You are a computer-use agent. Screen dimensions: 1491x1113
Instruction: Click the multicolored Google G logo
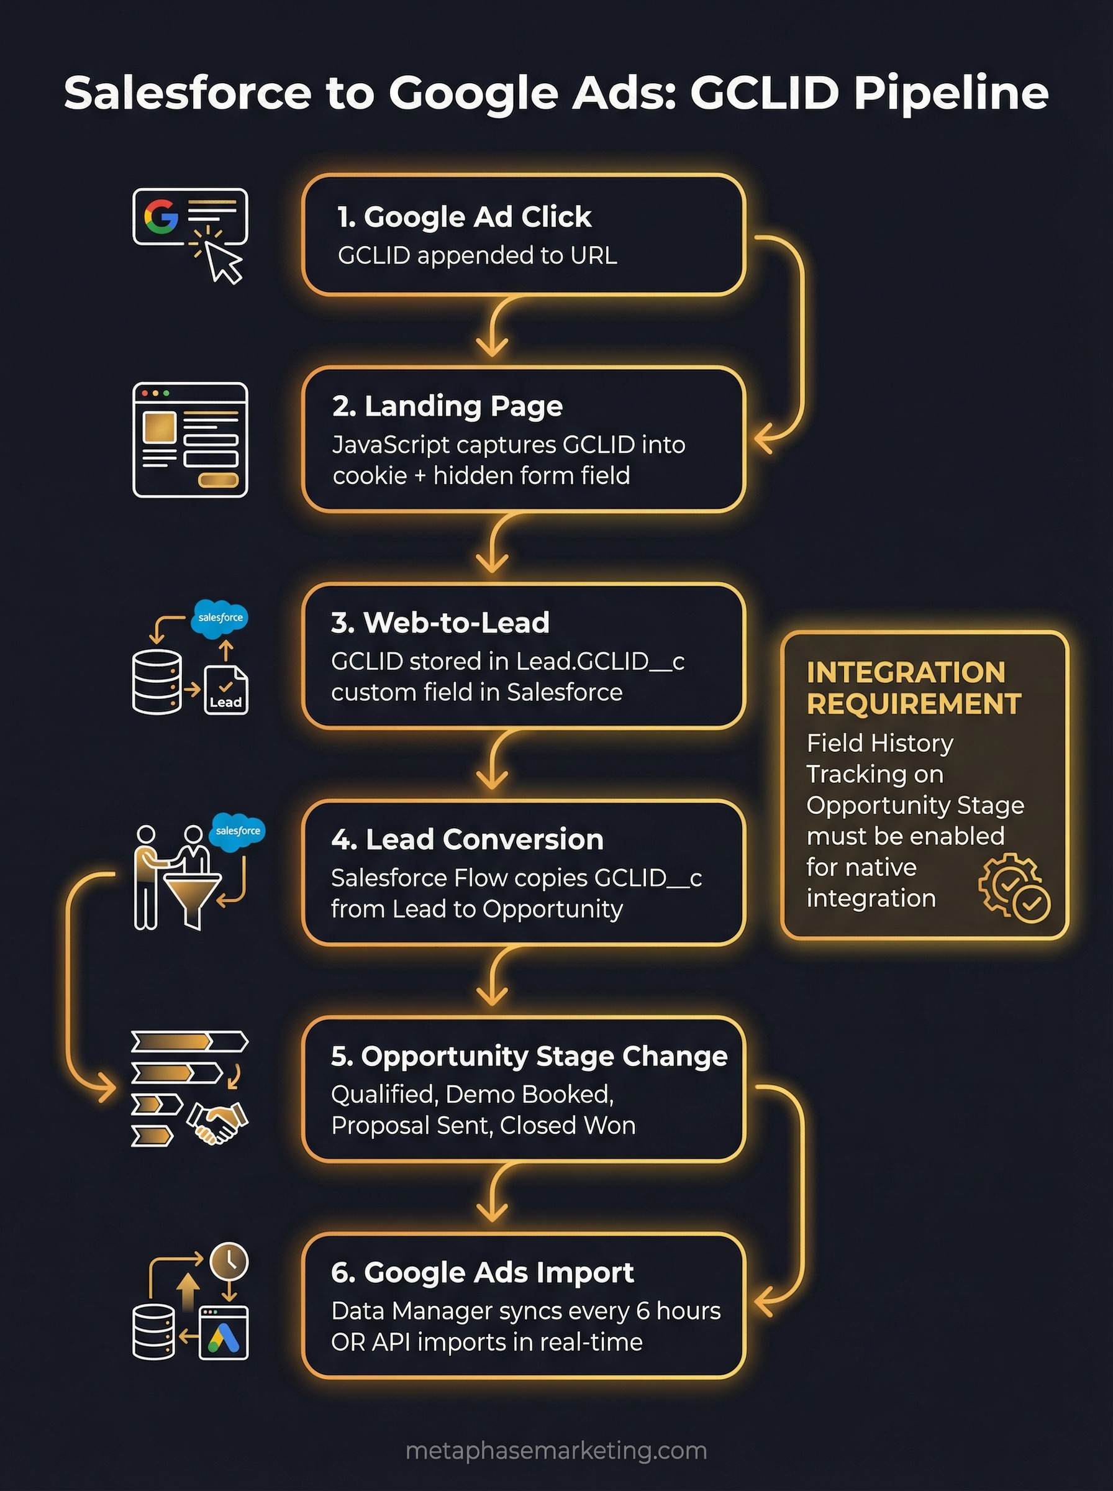(160, 216)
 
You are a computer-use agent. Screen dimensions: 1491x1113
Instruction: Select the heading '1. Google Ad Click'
(463, 217)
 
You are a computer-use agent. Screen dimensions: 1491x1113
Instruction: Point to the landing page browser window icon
(190, 440)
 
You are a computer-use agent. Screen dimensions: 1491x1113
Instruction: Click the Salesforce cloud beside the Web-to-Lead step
(220, 617)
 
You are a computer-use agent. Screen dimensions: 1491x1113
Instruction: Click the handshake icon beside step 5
(217, 1122)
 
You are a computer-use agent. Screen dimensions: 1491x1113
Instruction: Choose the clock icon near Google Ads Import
(229, 1261)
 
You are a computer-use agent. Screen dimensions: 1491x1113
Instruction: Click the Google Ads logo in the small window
(224, 1337)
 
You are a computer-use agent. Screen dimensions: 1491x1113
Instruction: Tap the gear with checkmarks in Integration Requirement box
(1012, 886)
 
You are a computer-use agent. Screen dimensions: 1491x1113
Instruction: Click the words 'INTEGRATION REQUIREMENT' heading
(913, 688)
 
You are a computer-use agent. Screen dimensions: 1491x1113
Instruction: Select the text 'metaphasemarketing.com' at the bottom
(556, 1451)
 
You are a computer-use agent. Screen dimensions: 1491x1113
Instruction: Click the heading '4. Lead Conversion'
(467, 839)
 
